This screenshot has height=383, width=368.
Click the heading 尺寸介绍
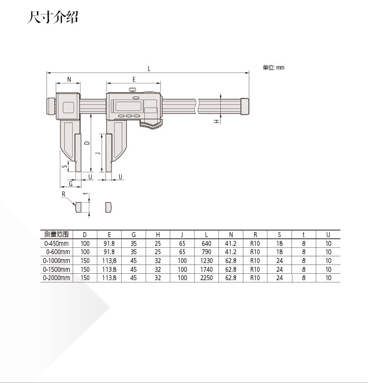coord(53,17)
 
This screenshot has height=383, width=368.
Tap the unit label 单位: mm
coord(274,68)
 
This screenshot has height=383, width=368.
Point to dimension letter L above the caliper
coord(149,69)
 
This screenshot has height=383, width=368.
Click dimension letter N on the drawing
coord(69,79)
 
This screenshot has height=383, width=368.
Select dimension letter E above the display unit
coord(134,79)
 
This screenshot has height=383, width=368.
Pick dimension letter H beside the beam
coord(216,121)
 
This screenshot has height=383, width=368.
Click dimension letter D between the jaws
coord(87,143)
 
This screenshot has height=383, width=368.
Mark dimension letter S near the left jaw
coord(65,167)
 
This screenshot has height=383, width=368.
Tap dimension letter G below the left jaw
coord(71,184)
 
